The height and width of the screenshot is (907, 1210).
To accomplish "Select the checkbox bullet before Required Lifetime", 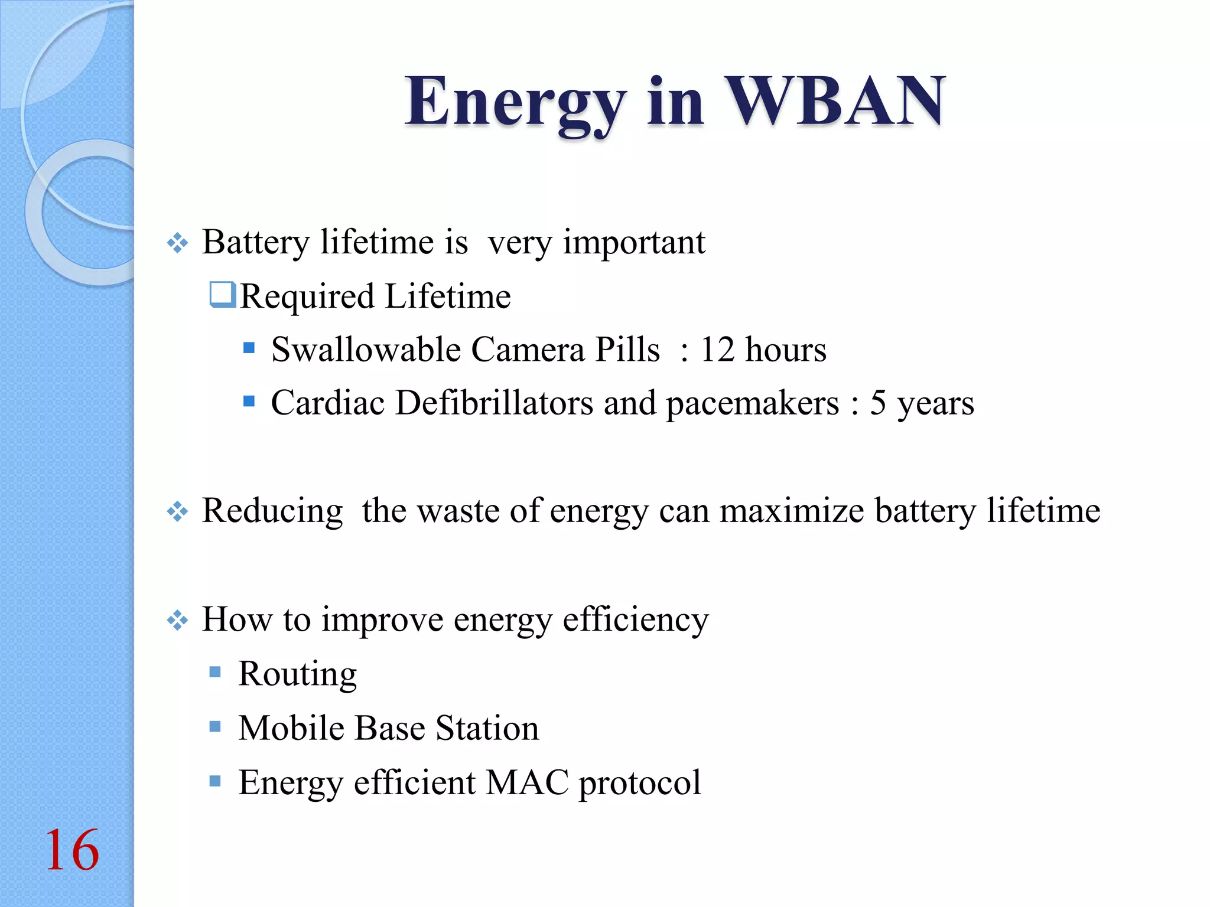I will [x=223, y=295].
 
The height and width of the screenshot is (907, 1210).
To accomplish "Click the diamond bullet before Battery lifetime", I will [x=177, y=243].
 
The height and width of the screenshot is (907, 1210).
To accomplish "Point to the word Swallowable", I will [x=366, y=350].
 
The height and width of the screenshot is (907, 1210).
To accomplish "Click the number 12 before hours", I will [x=717, y=350].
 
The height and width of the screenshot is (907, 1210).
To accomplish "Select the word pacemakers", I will [x=752, y=403].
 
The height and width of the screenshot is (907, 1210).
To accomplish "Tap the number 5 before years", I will [x=878, y=403].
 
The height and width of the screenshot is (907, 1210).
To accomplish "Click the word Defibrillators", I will [x=494, y=403].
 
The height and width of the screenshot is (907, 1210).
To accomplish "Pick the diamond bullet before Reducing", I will [x=177, y=511].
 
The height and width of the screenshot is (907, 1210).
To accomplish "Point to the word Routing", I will [x=297, y=674].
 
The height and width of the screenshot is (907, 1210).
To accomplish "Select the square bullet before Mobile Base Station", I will [x=215, y=726].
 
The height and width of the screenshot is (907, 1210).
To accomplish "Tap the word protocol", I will [x=639, y=784].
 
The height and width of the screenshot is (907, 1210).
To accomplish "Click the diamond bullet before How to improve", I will [x=177, y=621].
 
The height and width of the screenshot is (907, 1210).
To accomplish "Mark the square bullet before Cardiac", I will [x=249, y=402].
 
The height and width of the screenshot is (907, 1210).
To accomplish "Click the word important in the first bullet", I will [x=633, y=243].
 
